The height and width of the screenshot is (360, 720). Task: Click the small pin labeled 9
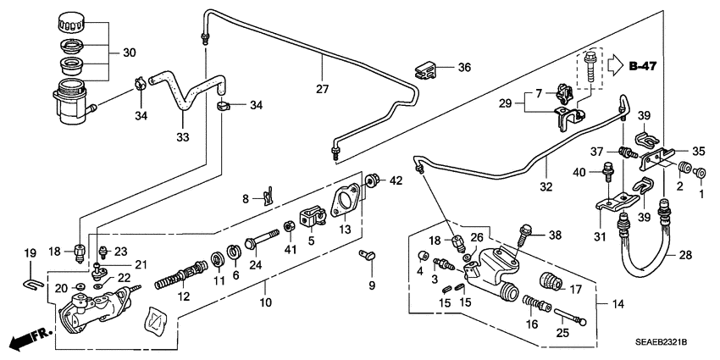368,255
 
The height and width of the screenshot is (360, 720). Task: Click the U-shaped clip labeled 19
30,277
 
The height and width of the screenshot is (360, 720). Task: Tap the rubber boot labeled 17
551,283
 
